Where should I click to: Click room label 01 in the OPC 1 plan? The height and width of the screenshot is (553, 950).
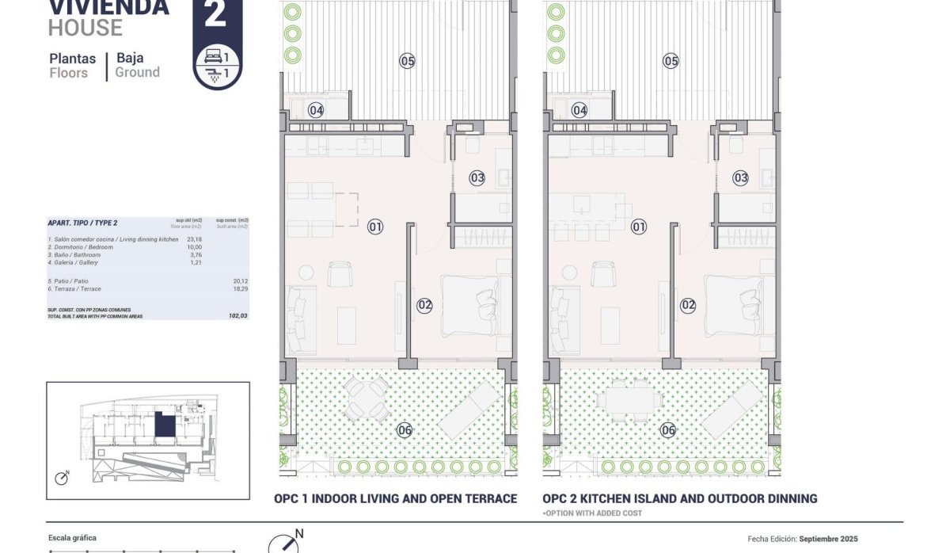click(x=375, y=227)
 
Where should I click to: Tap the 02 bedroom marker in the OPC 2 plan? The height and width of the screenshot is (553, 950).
click(x=688, y=304)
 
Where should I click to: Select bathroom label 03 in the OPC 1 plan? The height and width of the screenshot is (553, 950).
click(x=477, y=178)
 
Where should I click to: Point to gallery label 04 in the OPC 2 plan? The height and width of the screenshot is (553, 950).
click(x=579, y=111)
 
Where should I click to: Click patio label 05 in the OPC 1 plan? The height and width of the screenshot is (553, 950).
click(x=408, y=61)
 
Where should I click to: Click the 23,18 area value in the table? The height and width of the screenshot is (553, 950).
click(x=193, y=239)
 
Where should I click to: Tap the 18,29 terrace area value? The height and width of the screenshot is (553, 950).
click(x=240, y=288)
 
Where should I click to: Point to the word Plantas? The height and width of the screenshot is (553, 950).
click(x=73, y=58)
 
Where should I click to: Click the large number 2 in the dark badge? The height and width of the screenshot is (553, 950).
click(x=215, y=14)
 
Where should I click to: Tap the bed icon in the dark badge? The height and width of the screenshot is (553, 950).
click(x=212, y=57)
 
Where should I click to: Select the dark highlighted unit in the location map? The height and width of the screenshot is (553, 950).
click(x=165, y=425)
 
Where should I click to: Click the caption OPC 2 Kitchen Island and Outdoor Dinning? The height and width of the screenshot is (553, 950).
click(x=680, y=499)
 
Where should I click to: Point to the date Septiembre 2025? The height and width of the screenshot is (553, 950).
click(x=828, y=539)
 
